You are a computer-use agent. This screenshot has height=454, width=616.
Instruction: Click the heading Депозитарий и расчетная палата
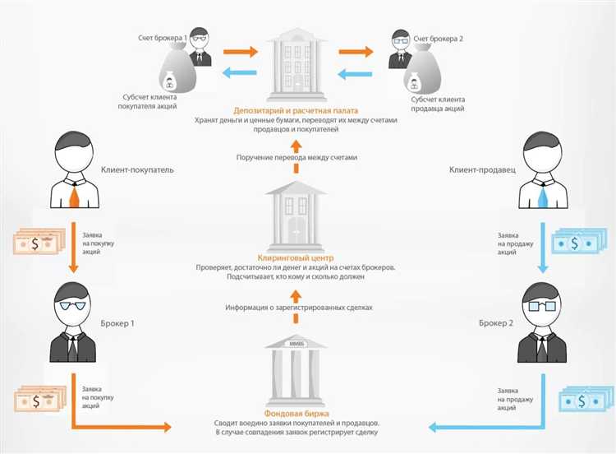point(306,110)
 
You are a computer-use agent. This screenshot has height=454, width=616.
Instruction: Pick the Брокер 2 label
point(496,323)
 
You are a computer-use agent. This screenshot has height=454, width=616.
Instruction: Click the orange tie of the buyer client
point(75,196)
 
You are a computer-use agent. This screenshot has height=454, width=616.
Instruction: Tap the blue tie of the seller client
point(542,196)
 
